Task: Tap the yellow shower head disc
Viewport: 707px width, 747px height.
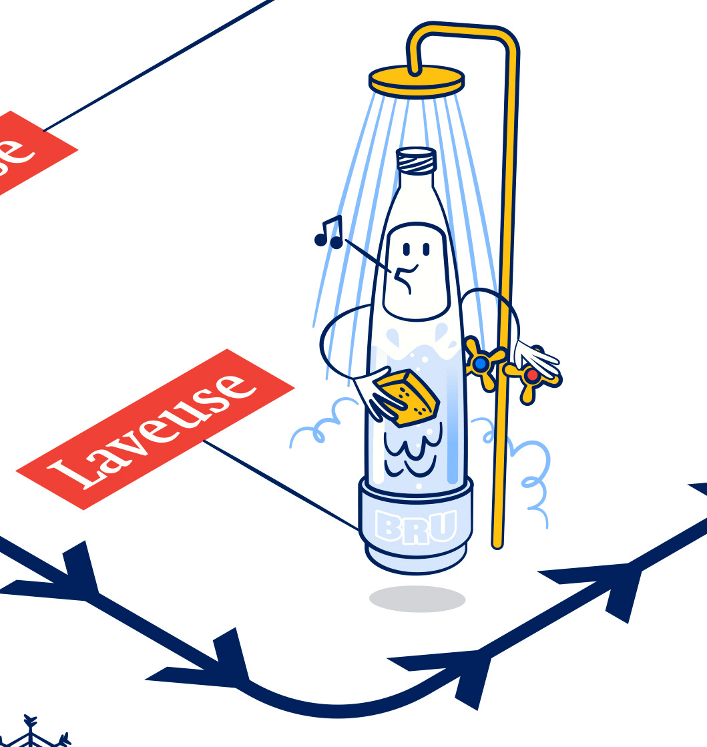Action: (416, 79)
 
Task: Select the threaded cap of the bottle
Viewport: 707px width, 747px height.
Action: (416, 160)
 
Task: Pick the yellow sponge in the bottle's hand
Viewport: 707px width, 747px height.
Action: (407, 397)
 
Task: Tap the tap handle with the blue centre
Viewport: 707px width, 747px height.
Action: (481, 363)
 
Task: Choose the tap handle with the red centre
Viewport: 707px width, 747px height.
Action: (531, 376)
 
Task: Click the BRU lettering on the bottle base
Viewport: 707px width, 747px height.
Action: (415, 526)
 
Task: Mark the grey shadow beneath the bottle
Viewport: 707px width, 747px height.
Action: (417, 599)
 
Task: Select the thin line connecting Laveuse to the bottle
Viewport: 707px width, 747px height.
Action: (280, 485)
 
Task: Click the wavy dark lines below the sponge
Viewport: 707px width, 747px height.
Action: (409, 453)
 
